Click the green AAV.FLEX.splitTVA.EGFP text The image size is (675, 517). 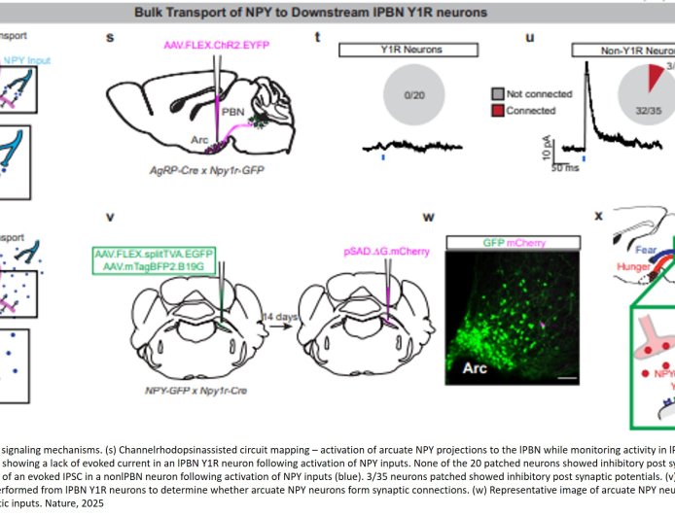point(154,254)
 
